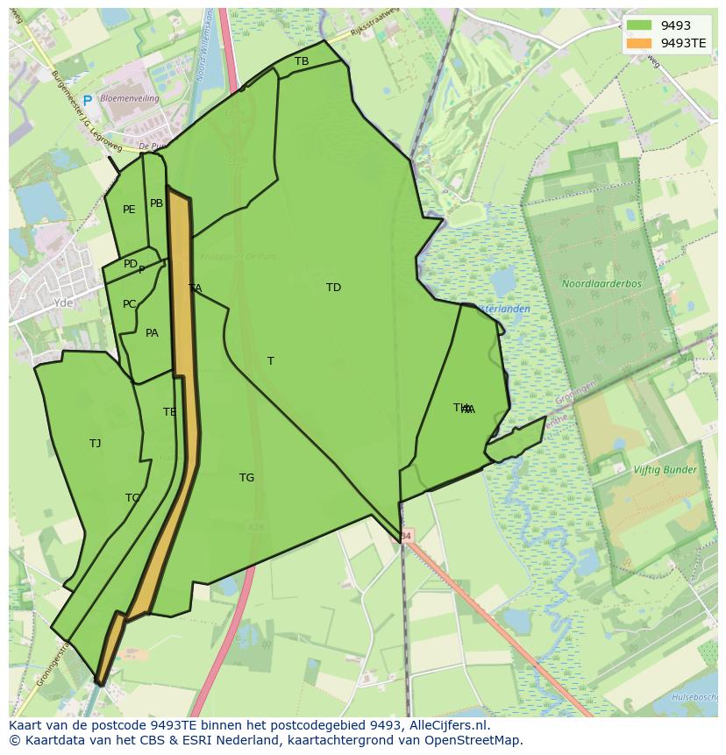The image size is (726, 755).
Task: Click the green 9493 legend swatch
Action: point(639,25)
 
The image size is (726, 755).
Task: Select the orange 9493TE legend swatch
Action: point(639,43)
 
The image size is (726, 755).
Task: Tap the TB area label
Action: point(302,61)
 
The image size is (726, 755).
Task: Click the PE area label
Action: point(129,210)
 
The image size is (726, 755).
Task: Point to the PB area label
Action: point(156,203)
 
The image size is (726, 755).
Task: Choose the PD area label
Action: point(130,264)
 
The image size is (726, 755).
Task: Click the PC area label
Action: point(129,304)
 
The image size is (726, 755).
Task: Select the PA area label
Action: point(152,333)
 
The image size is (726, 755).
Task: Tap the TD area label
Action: point(333,288)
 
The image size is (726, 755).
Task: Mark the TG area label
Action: point(246,478)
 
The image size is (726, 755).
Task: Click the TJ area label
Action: point(95,444)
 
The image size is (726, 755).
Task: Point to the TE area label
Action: point(169,412)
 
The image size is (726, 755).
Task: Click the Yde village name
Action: point(63,303)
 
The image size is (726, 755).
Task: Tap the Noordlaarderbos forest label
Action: point(601,284)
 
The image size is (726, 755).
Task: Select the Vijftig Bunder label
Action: point(665,470)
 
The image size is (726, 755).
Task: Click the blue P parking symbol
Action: point(87,101)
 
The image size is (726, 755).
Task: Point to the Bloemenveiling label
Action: point(130,99)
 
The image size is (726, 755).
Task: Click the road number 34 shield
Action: point(405,535)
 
